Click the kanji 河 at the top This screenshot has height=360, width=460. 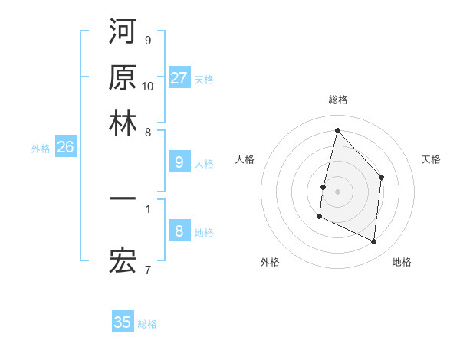123,32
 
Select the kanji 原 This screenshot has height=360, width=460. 123,77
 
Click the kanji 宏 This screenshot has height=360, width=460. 123,262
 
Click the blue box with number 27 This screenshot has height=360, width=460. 179,78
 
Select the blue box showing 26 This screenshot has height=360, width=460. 65,148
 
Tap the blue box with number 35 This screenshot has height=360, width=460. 123,322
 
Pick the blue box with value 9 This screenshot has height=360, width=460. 179,162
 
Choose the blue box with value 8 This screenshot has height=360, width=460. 179,231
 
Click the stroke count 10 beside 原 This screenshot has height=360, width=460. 148,86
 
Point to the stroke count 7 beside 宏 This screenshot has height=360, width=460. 147,269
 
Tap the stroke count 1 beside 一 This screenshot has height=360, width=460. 147,207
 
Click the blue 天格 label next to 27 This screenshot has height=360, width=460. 203,79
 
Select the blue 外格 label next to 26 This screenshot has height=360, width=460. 41,149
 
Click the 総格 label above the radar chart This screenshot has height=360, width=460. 337,100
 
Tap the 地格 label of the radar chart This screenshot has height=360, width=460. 402,262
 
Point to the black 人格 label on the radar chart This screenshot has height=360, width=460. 245,159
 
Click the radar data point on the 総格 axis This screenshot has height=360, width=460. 337,130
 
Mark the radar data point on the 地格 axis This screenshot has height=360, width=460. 374,242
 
